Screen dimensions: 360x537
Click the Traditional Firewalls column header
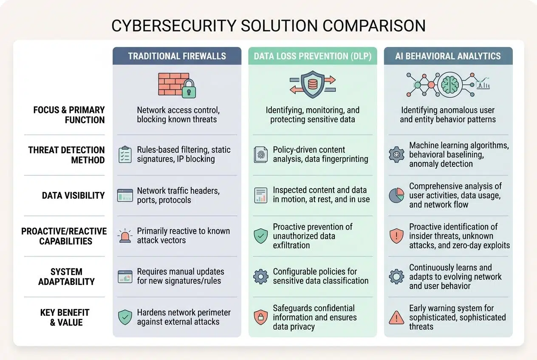click(x=177, y=56)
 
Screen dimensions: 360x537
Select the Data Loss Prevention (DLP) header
click(x=312, y=56)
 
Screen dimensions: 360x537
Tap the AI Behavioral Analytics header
click(x=448, y=56)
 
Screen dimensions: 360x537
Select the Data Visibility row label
click(x=73, y=196)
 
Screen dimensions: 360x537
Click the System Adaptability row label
click(x=66, y=276)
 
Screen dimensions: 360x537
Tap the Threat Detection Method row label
click(x=66, y=155)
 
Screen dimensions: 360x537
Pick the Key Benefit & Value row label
click(x=65, y=317)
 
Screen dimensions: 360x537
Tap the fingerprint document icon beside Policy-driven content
click(x=260, y=155)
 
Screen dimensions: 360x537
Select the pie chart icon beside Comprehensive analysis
click(x=396, y=195)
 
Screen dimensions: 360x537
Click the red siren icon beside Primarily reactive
click(x=125, y=236)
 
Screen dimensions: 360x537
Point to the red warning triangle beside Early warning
click(x=396, y=318)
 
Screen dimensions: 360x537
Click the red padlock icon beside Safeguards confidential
click(x=260, y=317)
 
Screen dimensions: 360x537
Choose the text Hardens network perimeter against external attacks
click(x=184, y=317)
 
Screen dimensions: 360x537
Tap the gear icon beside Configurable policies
click(x=260, y=276)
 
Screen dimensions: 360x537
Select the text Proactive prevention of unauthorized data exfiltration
click(x=312, y=236)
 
